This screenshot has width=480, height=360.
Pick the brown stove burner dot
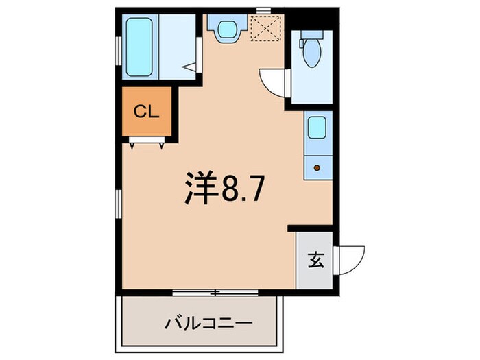click(x=316, y=167)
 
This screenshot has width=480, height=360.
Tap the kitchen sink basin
click(x=316, y=128)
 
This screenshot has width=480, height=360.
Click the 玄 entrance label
click(x=315, y=261)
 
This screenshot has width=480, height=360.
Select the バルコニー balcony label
click(x=200, y=322)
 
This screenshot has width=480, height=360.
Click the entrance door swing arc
click(x=352, y=259)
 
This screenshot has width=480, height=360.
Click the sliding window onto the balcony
click(x=215, y=293)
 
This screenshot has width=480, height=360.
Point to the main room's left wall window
click(x=117, y=204)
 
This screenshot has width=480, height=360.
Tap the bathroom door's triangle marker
click(x=192, y=67)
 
